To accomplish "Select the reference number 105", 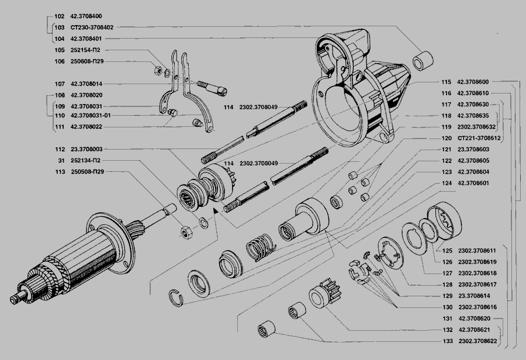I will pyautogui.click(x=59, y=50).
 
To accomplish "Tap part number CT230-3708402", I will pyautogui.click(x=92, y=27).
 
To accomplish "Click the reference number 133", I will pyautogui.click(x=447, y=340).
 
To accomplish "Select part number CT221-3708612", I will pyautogui.click(x=480, y=139).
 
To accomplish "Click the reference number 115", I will pyautogui.click(x=447, y=82).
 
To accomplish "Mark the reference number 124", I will pyautogui.click(x=447, y=184).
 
